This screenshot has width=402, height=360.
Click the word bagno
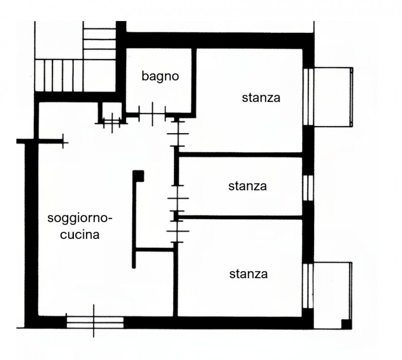(160, 76)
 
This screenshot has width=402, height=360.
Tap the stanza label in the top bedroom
(261, 98)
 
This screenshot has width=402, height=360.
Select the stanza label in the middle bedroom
(247, 186)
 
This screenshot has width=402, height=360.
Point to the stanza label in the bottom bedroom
(248, 274)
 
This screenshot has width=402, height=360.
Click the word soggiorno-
(80, 219)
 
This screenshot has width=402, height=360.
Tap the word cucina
(79, 235)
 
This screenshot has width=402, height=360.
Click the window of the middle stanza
(308, 188)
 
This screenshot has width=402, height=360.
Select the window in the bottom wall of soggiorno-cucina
(95, 322)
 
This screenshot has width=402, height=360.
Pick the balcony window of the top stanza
(308, 97)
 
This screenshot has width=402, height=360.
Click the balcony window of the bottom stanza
(308, 286)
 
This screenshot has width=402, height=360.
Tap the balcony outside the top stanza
(333, 97)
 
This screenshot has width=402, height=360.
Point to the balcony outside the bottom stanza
(333, 295)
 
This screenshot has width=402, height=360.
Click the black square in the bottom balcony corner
(346, 324)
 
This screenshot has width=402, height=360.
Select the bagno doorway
(152, 114)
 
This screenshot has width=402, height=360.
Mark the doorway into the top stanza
(177, 134)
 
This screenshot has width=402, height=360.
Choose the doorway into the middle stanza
(178, 198)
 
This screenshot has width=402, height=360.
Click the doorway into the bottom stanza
(178, 231)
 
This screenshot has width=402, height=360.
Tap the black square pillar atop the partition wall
(139, 176)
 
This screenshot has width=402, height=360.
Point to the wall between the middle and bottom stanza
(240, 217)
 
